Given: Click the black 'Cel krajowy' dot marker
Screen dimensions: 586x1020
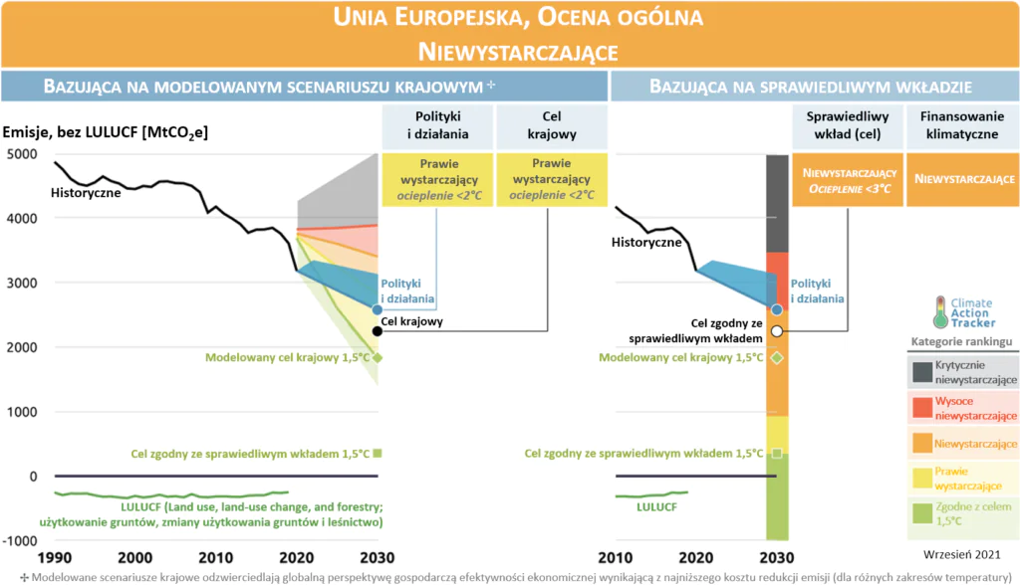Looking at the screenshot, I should [x=377, y=331].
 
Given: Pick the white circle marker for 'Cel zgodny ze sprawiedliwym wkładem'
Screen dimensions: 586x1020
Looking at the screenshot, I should [x=777, y=331].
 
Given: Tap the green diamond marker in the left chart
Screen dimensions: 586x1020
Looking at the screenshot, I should [x=377, y=357].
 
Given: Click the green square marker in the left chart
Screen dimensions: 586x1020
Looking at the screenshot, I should [x=377, y=454].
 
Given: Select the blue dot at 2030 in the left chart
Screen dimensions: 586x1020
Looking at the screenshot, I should [x=377, y=310].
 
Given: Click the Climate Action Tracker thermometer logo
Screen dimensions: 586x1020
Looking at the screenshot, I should [x=939, y=311].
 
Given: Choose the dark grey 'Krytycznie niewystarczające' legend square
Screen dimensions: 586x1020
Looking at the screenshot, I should [x=922, y=372].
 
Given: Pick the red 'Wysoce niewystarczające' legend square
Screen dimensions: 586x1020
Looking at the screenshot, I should [x=922, y=407].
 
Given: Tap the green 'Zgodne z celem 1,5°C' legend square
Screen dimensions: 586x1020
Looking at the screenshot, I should [x=922, y=511].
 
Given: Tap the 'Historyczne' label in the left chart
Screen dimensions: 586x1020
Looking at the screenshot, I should [x=86, y=193].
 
